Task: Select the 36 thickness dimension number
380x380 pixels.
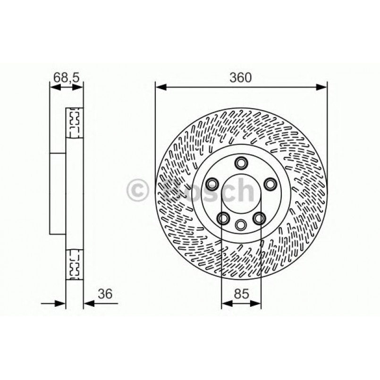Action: (105, 294)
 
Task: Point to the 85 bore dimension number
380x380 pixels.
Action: (241, 294)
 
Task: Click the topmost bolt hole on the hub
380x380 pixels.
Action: (241, 163)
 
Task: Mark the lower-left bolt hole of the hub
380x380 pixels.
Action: (223, 218)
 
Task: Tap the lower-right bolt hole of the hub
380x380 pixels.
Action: (259, 218)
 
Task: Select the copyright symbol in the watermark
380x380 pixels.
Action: (138, 191)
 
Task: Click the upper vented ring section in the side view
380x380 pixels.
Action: (74, 123)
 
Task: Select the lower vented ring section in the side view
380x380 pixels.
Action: (74, 264)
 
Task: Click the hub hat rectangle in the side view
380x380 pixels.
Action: (57, 193)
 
